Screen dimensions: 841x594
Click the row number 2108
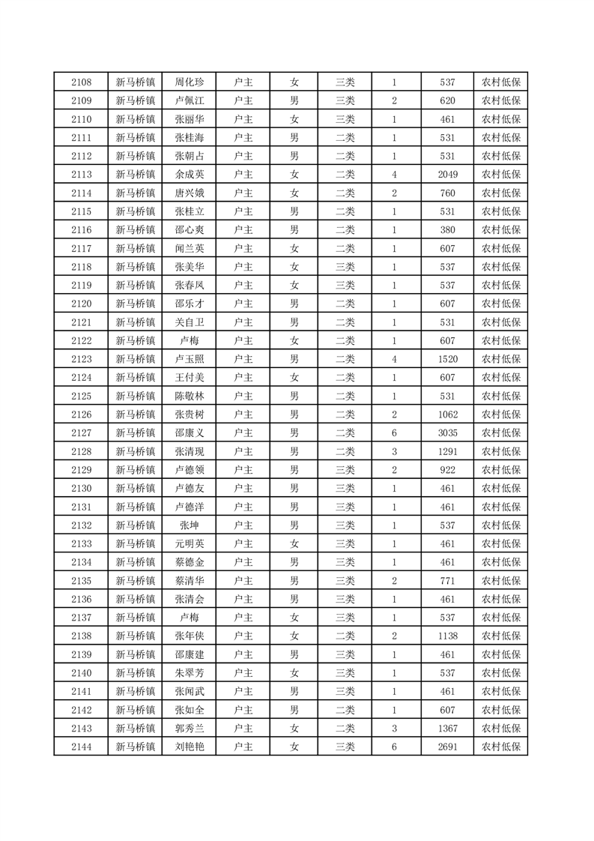[81, 82]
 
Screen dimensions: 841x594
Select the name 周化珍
[189, 82]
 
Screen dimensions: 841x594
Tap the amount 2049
[448, 175]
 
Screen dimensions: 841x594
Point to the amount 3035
[448, 433]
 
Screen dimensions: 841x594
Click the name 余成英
[189, 175]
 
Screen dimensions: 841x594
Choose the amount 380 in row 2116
[448, 230]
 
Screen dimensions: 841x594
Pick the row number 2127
[81, 433]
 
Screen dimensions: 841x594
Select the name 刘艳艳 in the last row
[189, 747]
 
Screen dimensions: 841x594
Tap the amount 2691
[448, 747]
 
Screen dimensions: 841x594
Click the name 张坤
[189, 525]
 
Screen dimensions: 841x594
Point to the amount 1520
[448, 359]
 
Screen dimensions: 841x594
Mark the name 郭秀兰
[189, 728]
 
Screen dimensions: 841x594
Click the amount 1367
[448, 728]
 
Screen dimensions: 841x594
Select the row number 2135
[81, 581]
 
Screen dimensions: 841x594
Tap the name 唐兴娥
[189, 193]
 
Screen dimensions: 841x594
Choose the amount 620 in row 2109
[448, 101]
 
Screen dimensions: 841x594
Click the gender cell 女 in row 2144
[294, 747]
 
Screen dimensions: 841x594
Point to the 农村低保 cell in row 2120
[500, 304]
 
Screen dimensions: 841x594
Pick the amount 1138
[448, 636]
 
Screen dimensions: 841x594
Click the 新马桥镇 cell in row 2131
[135, 507]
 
